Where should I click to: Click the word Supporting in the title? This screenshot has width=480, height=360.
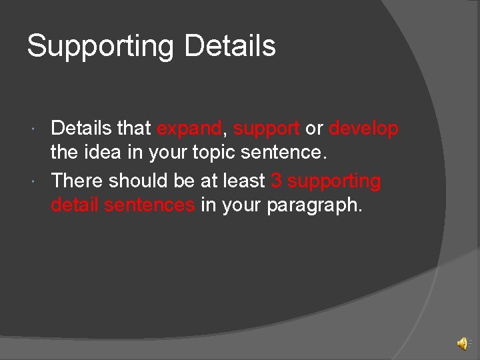100,47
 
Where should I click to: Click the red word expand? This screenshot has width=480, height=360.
189,128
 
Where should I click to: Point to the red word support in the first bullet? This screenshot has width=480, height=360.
266,129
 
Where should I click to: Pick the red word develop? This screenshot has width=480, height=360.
363,128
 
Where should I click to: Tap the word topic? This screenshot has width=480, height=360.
217,153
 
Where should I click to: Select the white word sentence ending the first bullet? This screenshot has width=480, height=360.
287,153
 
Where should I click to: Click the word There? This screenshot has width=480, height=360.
77,181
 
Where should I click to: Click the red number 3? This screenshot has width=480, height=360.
277,181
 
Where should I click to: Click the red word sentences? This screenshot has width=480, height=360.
149,205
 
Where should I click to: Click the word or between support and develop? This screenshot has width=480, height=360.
314,128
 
